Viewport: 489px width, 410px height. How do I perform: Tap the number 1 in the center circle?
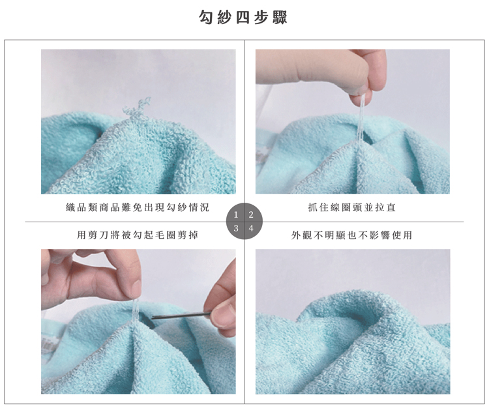(237, 214)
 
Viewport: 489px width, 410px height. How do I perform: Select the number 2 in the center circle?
(251, 214)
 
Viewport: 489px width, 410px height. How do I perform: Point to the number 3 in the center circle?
(237, 229)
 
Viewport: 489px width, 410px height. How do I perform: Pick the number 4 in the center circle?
(251, 229)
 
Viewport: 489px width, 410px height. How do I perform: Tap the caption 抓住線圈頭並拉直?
(351, 207)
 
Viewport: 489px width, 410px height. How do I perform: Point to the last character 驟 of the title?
(280, 17)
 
